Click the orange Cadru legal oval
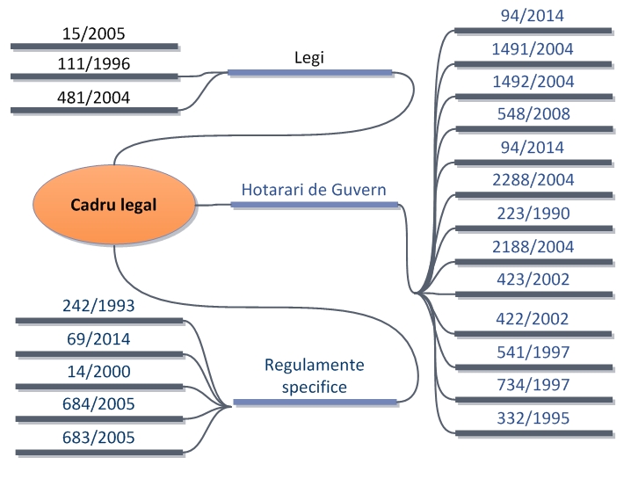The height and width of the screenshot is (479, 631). point(114,207)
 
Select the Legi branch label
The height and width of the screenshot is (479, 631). point(311,57)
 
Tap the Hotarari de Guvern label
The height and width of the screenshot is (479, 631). point(314,189)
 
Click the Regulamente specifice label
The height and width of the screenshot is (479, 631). point(314,375)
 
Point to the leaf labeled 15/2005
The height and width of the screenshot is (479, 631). point(94,33)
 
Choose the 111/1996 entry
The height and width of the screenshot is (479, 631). point(94,64)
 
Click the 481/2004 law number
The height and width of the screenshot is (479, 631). point(94,98)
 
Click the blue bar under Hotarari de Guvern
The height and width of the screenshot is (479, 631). point(314,205)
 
